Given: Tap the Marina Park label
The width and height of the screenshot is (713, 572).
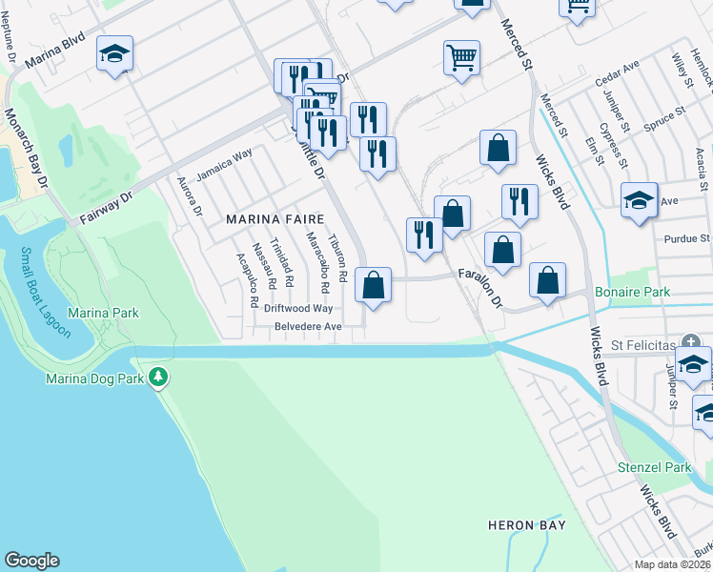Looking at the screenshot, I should pos(104,313).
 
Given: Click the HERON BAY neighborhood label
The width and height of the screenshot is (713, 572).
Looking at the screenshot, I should pos(526,525).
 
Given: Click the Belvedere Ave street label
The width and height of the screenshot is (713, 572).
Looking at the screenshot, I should pos(308,326).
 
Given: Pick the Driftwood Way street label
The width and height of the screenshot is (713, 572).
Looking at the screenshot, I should pos(298,308).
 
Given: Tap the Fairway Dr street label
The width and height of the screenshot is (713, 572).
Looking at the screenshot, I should pos(105,205).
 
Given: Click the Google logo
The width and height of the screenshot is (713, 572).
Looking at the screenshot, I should pos(31,561).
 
